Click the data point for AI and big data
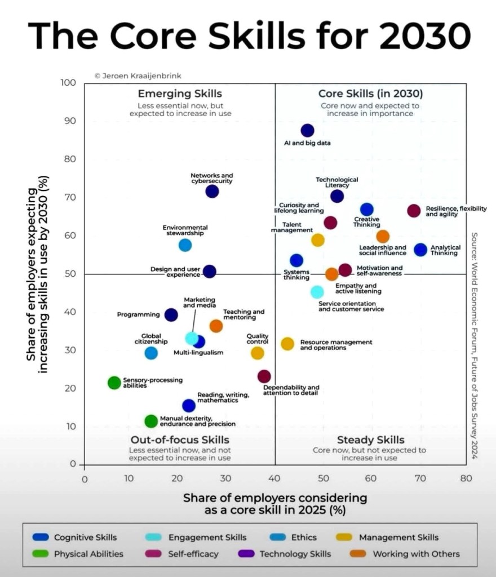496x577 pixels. (307, 131)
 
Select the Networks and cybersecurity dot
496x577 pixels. (212, 192)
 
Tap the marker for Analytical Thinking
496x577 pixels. (420, 250)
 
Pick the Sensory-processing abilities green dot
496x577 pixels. (114, 383)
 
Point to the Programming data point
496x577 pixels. (171, 315)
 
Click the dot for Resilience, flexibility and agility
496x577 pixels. (414, 211)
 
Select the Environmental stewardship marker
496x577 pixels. (185, 245)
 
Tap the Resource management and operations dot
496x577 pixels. (287, 344)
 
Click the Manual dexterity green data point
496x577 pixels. (151, 421)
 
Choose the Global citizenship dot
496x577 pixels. (151, 353)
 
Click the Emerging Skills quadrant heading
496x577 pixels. (180, 94)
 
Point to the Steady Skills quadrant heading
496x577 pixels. (370, 440)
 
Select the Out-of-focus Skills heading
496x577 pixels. (180, 440)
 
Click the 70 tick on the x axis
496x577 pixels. (419, 480)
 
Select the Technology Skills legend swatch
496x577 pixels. (249, 554)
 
